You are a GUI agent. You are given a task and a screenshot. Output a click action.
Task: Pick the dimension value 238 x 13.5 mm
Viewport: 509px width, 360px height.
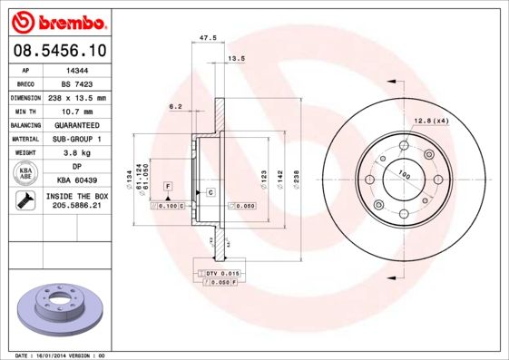(x=76, y=97)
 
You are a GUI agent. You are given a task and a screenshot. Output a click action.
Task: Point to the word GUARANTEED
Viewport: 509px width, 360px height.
(x=76, y=124)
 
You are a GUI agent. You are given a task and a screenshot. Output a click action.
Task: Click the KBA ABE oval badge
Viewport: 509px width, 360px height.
(x=25, y=174)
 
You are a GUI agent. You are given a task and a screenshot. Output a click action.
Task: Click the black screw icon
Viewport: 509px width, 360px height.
(x=24, y=201)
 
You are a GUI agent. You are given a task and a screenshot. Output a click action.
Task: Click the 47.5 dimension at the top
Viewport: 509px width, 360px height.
(x=206, y=38)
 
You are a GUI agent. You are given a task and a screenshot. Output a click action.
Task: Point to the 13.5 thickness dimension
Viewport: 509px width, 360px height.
(x=236, y=59)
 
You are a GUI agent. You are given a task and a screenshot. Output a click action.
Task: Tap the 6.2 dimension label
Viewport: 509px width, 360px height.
(x=175, y=107)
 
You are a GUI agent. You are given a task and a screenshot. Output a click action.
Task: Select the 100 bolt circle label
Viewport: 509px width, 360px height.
(x=404, y=174)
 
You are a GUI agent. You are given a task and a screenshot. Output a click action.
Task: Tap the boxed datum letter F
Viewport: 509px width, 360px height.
(x=168, y=186)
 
